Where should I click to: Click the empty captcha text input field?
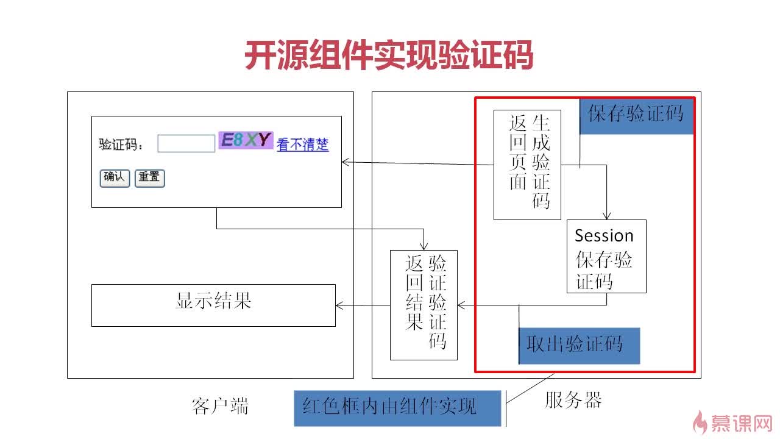186,143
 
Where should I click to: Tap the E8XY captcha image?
246,141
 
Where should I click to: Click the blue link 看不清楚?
302,145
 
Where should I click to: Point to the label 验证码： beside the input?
121,145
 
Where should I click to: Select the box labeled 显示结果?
213,305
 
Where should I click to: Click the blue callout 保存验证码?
636,114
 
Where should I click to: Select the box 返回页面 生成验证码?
527,165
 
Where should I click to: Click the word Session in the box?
604,235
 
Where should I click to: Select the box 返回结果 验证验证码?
424,305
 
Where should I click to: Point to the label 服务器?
573,401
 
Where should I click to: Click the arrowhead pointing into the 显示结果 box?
339,305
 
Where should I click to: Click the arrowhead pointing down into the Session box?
606,215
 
